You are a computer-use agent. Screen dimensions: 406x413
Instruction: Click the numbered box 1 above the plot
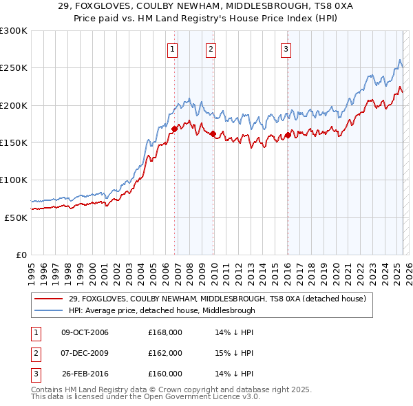(171, 49)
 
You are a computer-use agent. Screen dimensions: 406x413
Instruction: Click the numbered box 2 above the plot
(210, 49)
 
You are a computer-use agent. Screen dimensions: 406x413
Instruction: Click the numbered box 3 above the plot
(285, 49)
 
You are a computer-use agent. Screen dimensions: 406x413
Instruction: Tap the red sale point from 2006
(174, 128)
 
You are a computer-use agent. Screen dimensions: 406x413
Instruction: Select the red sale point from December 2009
(213, 133)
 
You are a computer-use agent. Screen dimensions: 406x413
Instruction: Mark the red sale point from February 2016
(288, 135)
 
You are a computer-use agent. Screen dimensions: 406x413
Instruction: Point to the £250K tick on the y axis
(14, 68)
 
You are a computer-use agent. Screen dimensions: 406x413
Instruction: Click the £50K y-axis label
(16, 217)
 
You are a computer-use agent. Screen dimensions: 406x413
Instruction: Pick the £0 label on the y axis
(21, 255)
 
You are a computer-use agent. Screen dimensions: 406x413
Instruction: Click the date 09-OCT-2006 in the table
(85, 333)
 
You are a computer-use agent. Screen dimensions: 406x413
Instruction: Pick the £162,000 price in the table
(165, 353)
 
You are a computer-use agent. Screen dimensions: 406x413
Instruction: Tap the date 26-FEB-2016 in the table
(85, 374)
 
